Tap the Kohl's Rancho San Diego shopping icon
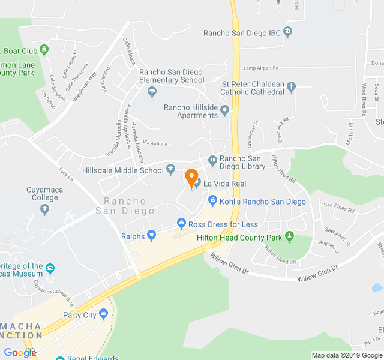(212, 200)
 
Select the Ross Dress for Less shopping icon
(181, 224)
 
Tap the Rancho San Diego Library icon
(212, 160)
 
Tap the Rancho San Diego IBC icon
(289, 32)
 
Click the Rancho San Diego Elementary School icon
(152, 92)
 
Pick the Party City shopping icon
(104, 314)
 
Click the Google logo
(20, 353)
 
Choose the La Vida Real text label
(226, 183)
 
